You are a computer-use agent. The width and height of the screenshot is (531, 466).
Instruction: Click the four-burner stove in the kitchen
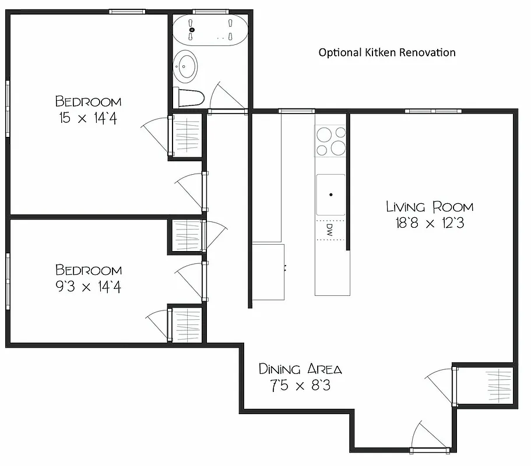pos(330,142)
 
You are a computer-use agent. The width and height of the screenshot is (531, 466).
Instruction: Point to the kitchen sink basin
pos(330,194)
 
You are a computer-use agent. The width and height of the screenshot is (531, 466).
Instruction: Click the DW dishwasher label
pos(329,230)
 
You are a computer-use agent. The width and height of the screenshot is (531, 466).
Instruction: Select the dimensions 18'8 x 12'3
pos(430,223)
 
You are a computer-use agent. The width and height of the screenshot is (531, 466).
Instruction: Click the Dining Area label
pos(300,369)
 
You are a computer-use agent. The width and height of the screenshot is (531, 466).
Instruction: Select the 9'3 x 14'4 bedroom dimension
pos(89,287)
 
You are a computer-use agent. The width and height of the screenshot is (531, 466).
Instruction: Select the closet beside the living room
pos(485,385)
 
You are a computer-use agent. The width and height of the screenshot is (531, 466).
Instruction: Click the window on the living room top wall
pos(433,111)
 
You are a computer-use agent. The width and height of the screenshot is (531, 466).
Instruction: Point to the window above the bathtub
pos(210,10)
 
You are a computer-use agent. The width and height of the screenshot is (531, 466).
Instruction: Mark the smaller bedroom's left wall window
pos(8,281)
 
